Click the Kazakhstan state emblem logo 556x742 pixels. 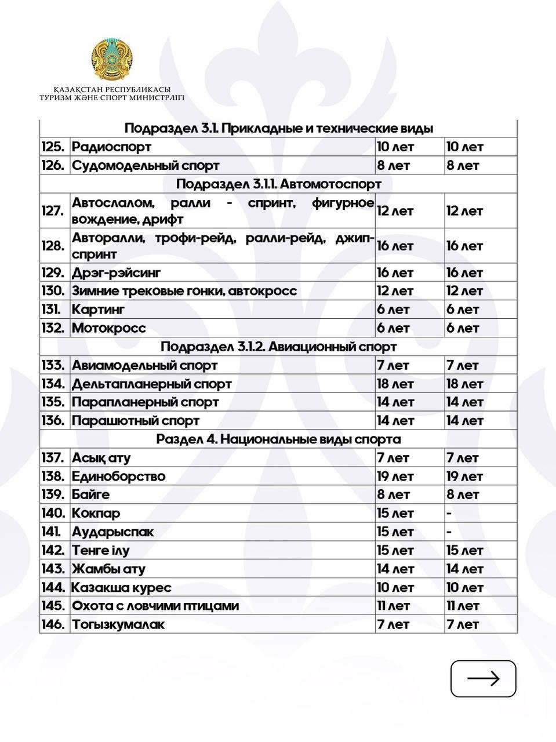[x=112, y=61]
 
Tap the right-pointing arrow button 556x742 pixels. [x=483, y=678]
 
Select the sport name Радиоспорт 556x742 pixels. [x=111, y=147]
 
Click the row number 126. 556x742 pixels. [x=52, y=165]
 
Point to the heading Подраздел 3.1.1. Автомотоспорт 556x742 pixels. [x=278, y=184]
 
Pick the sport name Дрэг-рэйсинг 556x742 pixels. [x=116, y=272]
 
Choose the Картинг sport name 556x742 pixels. [x=98, y=310]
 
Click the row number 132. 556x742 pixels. [x=52, y=328]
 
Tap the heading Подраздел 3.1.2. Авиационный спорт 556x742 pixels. [x=278, y=347]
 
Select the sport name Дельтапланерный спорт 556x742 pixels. [x=151, y=384]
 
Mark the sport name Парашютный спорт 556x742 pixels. [x=135, y=421]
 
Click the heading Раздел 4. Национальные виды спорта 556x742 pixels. [x=278, y=439]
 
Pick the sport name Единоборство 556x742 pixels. [x=118, y=477]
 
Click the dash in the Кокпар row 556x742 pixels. [x=449, y=514]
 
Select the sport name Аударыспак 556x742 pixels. [x=112, y=532]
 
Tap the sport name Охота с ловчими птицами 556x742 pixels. [x=155, y=606]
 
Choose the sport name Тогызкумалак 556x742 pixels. [x=118, y=624]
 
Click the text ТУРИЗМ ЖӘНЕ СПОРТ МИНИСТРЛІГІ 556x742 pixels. [x=112, y=98]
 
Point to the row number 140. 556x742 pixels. [x=52, y=514]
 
